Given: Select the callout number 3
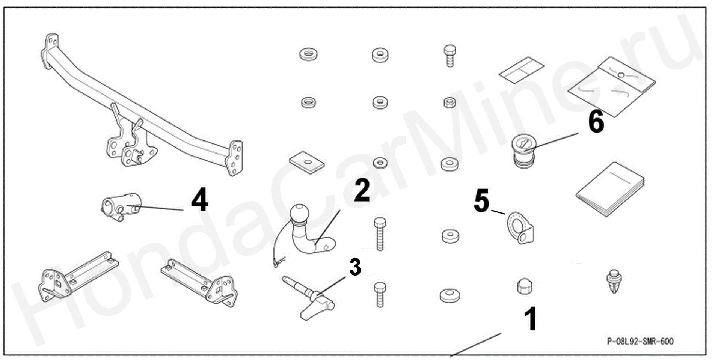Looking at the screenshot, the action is click(x=355, y=267).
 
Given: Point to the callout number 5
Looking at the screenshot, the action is click(x=481, y=201).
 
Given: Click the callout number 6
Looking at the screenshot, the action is click(x=596, y=121).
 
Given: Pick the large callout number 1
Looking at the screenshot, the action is click(x=530, y=319).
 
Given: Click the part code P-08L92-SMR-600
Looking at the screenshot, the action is click(x=640, y=341).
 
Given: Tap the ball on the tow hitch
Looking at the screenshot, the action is click(x=300, y=213).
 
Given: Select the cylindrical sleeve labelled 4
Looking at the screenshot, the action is click(x=121, y=206).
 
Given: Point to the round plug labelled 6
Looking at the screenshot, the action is click(x=524, y=152).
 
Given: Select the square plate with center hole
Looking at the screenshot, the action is click(x=307, y=163).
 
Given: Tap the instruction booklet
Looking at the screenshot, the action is click(x=610, y=190).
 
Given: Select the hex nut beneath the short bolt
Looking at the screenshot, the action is click(x=450, y=102).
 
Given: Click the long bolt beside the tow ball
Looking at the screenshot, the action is click(x=379, y=233).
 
